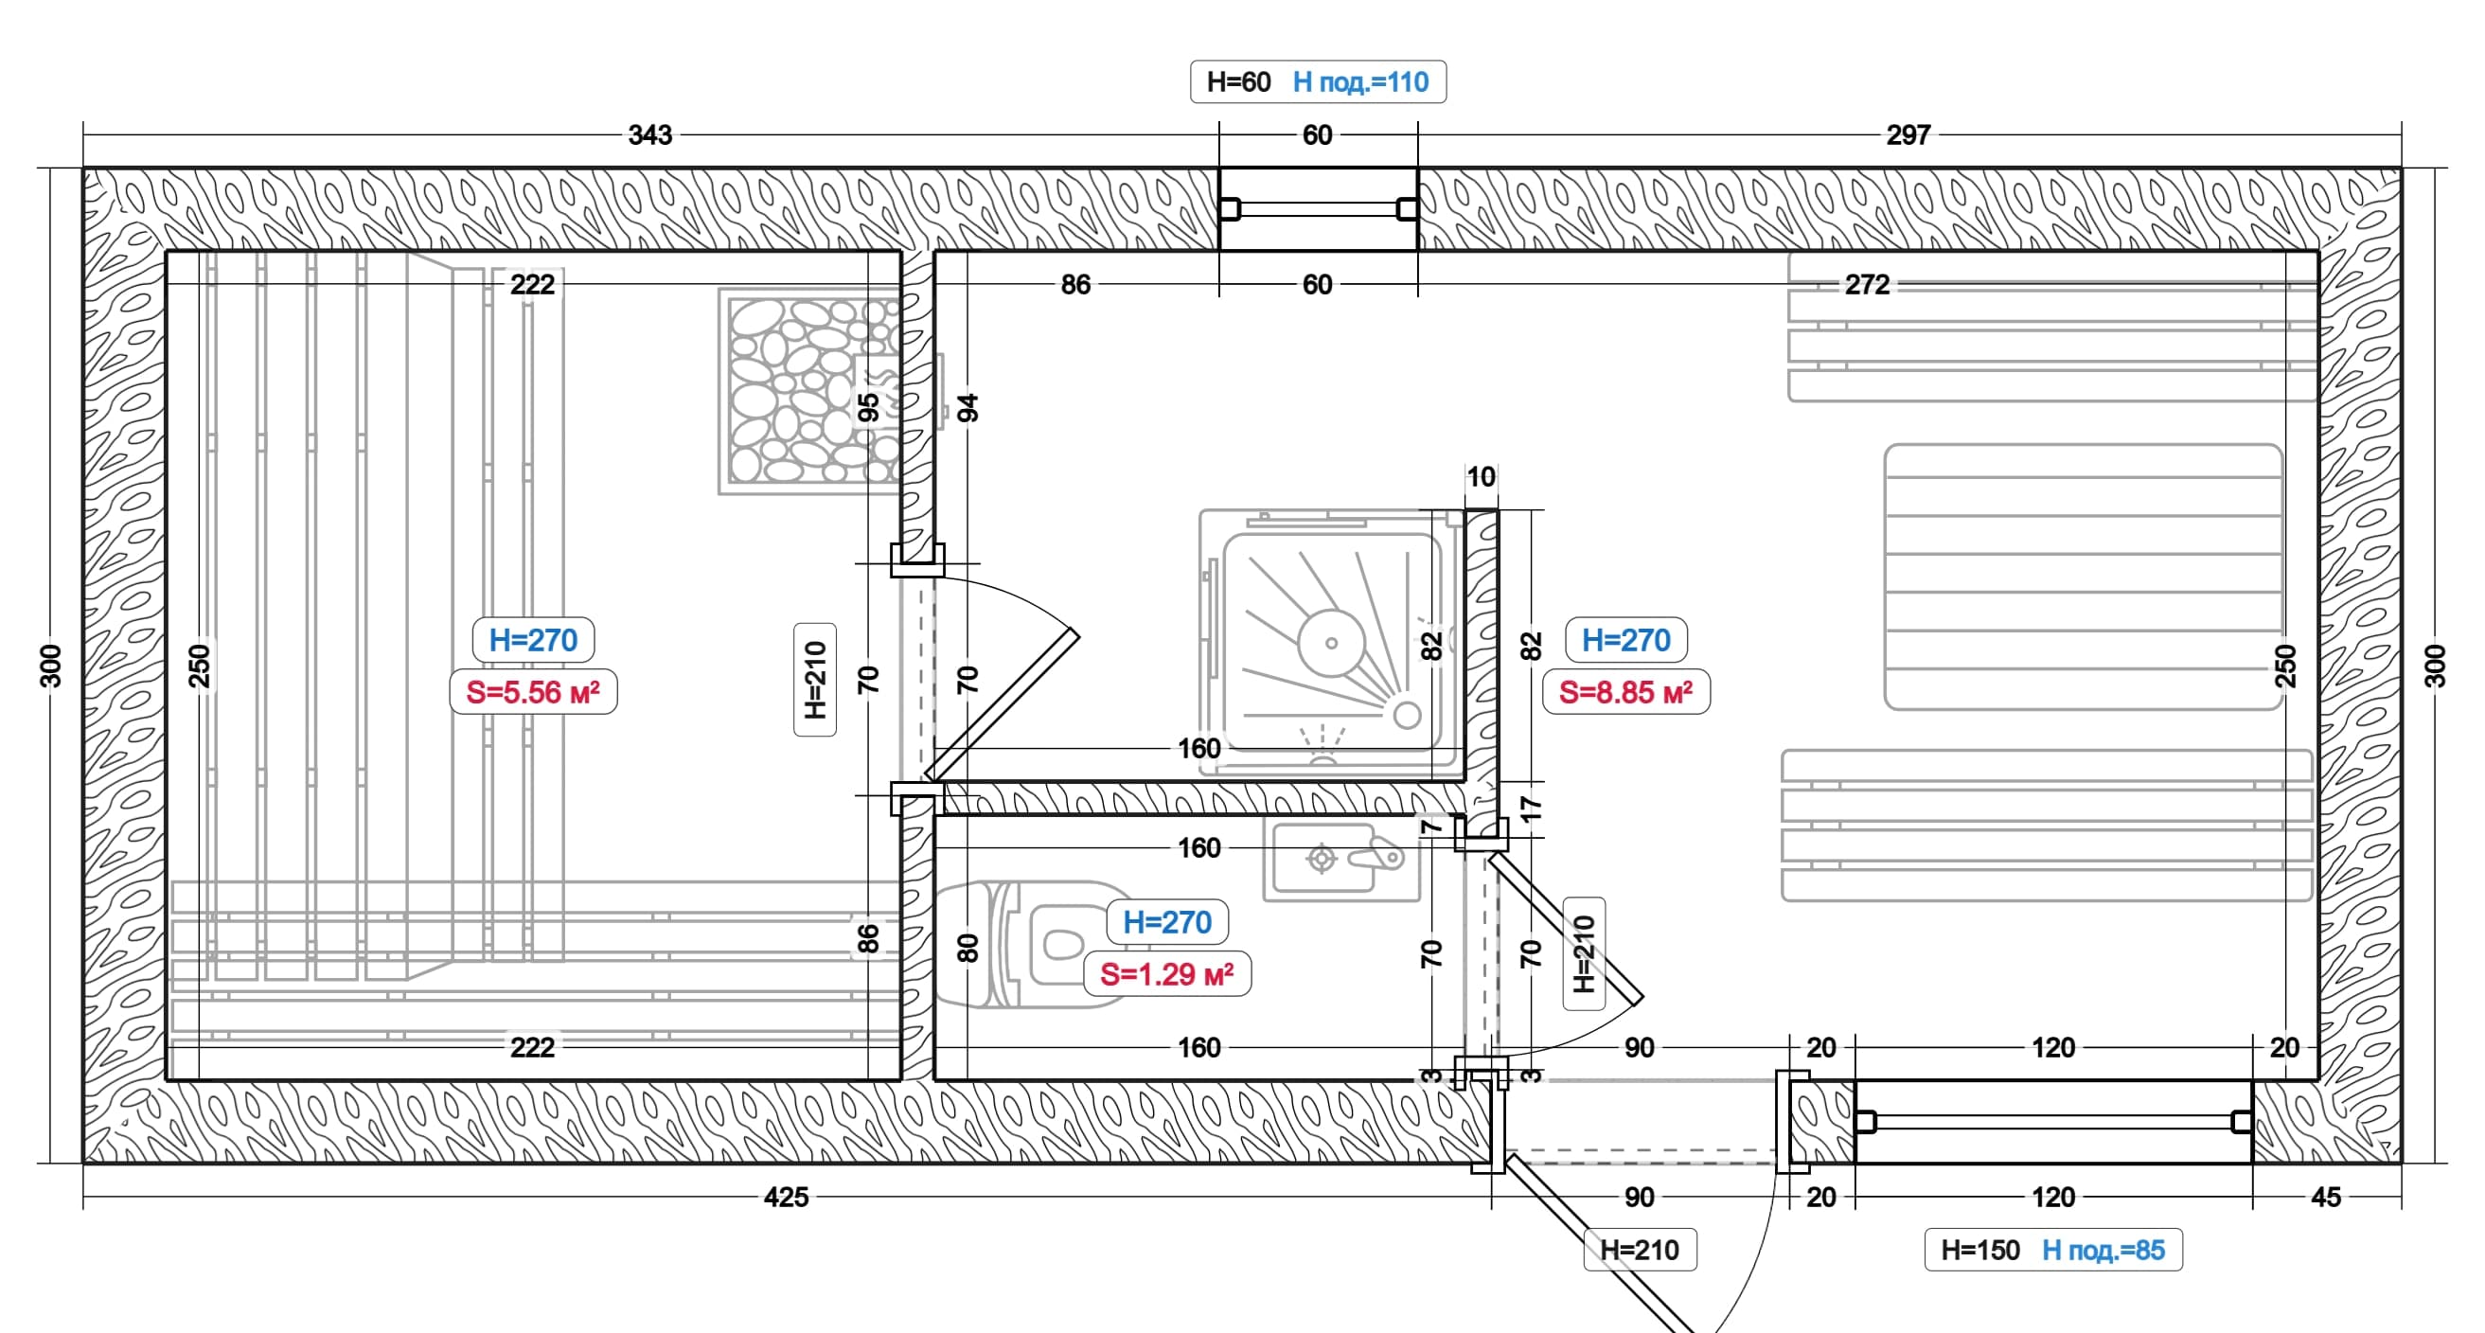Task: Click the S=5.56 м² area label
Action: (x=534, y=691)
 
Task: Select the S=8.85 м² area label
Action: (x=1626, y=691)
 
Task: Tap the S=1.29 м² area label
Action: (x=1167, y=974)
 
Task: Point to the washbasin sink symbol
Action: (x=1341, y=861)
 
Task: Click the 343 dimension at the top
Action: (x=650, y=135)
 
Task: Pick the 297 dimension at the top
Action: (x=1908, y=135)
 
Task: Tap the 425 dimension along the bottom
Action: (x=787, y=1197)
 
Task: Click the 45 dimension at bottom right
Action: (x=2327, y=1197)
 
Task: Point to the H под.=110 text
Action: (x=1361, y=82)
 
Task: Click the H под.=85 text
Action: (x=2103, y=1250)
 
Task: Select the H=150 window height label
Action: (x=1980, y=1250)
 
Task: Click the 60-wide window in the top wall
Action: (x=1319, y=208)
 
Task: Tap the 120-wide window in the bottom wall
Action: (x=2053, y=1122)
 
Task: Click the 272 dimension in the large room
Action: (x=1868, y=285)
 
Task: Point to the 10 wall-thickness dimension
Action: (x=1482, y=476)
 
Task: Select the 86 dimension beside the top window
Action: (x=1075, y=285)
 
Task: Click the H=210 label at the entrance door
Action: (x=1640, y=1250)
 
